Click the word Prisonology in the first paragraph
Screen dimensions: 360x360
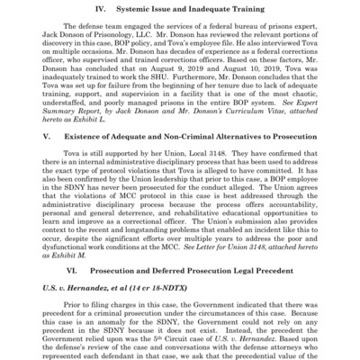pos(132,43)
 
